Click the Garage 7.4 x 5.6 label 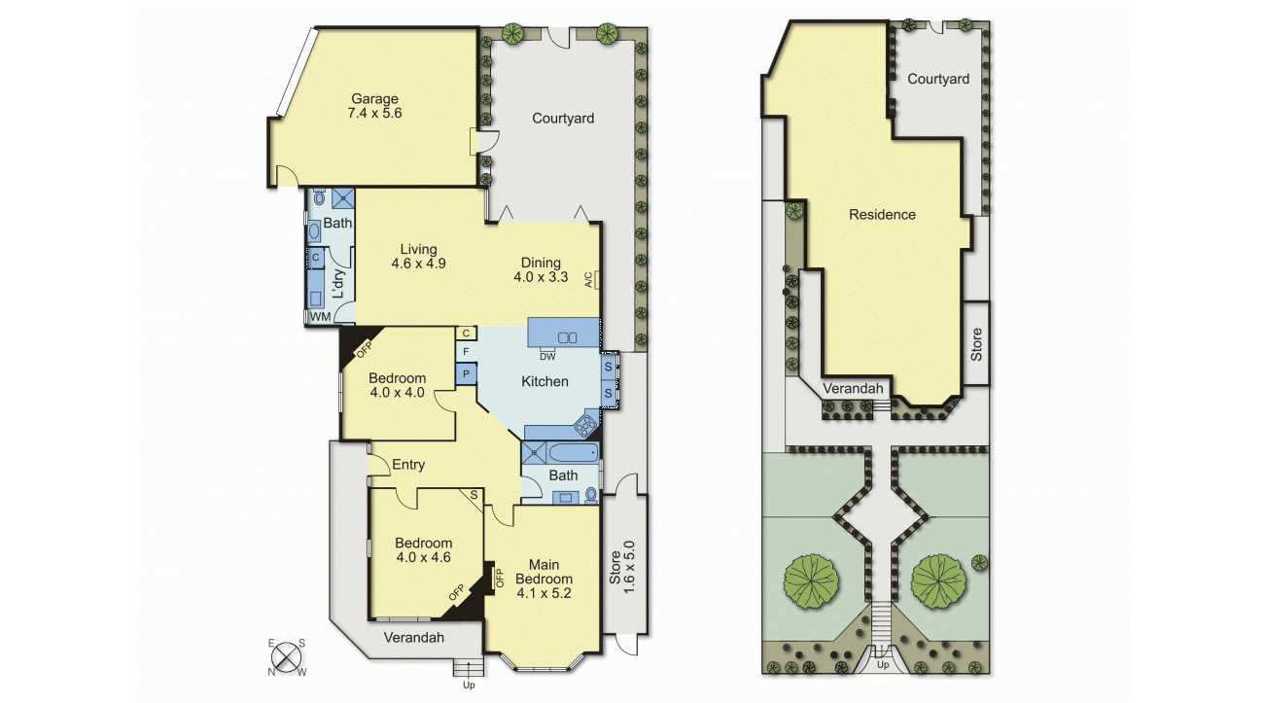[x=374, y=106]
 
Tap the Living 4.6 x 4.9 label [x=419, y=256]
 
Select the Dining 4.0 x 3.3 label [x=541, y=269]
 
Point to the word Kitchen [x=544, y=381]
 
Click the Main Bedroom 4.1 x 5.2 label [x=544, y=579]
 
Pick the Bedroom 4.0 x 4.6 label [x=423, y=550]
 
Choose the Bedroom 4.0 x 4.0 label [x=398, y=385]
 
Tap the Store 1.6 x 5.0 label [x=622, y=567]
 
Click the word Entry [x=408, y=465]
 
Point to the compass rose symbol [x=287, y=657]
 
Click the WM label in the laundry [x=320, y=317]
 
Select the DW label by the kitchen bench [x=547, y=357]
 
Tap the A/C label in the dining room [x=588, y=280]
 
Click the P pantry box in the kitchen [x=466, y=374]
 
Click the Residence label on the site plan [x=882, y=214]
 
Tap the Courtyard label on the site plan [x=938, y=79]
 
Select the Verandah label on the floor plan [x=413, y=638]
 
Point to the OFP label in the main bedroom [x=500, y=578]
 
